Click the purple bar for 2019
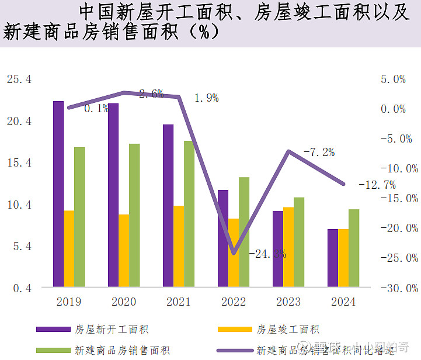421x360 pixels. [x=58, y=194]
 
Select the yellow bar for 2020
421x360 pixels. [x=124, y=251]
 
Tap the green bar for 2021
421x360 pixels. [x=189, y=214]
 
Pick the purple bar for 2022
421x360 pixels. [x=222, y=238]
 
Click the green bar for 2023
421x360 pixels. [x=299, y=242]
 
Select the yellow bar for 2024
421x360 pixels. [x=343, y=258]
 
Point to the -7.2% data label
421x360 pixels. [x=319, y=153]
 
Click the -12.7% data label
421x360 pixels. [x=377, y=185]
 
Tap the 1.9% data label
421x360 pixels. [x=206, y=98]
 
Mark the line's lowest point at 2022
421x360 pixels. [x=234, y=254]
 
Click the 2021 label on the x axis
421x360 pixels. [x=178, y=302]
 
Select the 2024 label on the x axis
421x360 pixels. [x=343, y=302]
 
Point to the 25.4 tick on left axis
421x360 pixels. [x=19, y=79]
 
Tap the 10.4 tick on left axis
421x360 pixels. [x=19, y=205]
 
